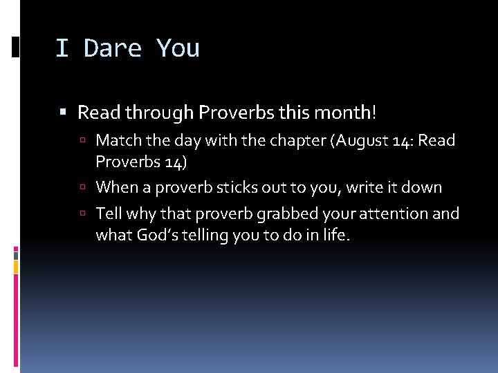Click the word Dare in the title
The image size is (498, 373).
(113, 48)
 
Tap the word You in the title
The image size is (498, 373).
(178, 48)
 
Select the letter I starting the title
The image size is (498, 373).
(62, 48)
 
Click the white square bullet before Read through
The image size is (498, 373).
(63, 112)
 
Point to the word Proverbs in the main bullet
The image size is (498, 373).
(237, 113)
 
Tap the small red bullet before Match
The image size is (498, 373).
(83, 140)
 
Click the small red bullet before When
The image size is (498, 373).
(83, 186)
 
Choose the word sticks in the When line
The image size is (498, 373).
(237, 187)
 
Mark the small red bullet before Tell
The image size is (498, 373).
(83, 213)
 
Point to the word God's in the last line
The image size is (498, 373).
(158, 235)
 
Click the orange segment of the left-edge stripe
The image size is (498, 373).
(16, 267)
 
